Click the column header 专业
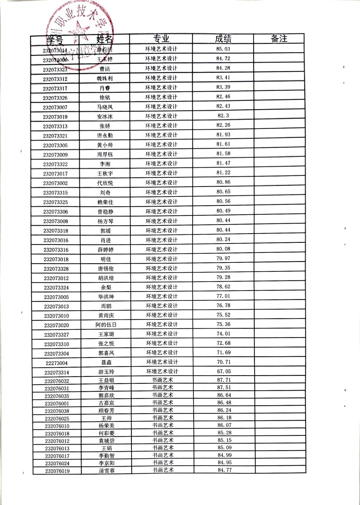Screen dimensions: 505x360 pyautogui.click(x=161, y=39)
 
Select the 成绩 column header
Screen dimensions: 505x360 pyautogui.click(x=223, y=39)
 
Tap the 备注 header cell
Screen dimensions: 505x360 pyautogui.click(x=279, y=39)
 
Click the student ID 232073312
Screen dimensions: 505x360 pyautogui.click(x=55, y=79)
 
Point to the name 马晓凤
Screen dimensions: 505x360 pyautogui.click(x=105, y=107)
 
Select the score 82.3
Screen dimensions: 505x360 pyautogui.click(x=223, y=116)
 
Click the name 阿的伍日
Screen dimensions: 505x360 pyautogui.click(x=106, y=325)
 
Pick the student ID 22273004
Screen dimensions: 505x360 pyautogui.click(x=57, y=363)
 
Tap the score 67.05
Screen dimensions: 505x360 pyautogui.click(x=224, y=371)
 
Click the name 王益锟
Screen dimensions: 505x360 pyautogui.click(x=106, y=380)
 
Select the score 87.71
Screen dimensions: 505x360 pyautogui.click(x=224, y=380)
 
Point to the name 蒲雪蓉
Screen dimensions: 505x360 pyautogui.click(x=107, y=471)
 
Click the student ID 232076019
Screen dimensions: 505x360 pyautogui.click(x=57, y=471)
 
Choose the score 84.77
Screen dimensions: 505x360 pyautogui.click(x=225, y=470)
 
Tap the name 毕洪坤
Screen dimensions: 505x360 pyautogui.click(x=106, y=297)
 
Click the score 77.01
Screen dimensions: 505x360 pyautogui.click(x=223, y=296)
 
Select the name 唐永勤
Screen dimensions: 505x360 pyautogui.click(x=105, y=136)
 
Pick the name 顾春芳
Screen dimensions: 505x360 pyautogui.click(x=107, y=410)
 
